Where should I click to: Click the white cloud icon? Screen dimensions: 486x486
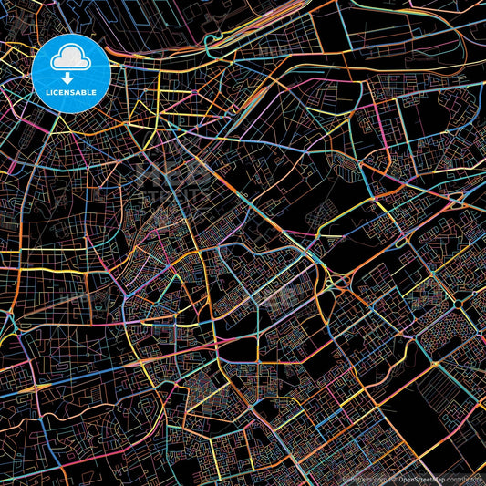click(x=71, y=58)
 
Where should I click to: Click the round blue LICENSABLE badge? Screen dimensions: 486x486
click(x=71, y=73)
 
